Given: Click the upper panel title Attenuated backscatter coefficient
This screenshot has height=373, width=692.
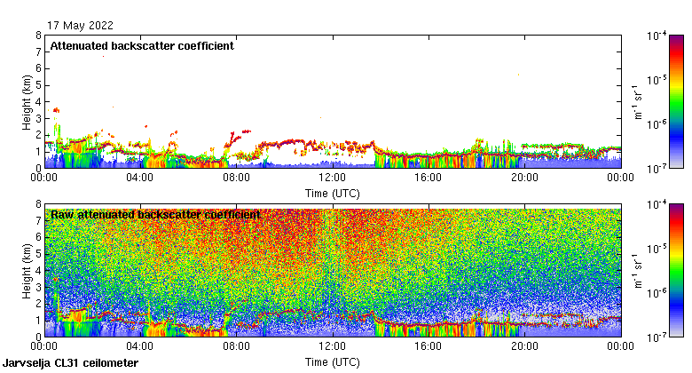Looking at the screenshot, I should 142,45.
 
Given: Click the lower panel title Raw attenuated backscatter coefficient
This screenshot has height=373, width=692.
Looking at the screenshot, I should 155,214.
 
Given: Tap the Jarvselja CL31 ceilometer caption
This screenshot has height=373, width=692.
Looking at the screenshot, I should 71,363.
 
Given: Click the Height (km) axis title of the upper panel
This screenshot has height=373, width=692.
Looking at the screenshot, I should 27,101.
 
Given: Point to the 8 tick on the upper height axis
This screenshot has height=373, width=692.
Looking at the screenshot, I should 37,36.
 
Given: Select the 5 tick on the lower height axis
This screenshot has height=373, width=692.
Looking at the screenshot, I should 37,254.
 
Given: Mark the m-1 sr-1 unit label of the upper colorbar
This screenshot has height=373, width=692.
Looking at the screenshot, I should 638,101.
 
